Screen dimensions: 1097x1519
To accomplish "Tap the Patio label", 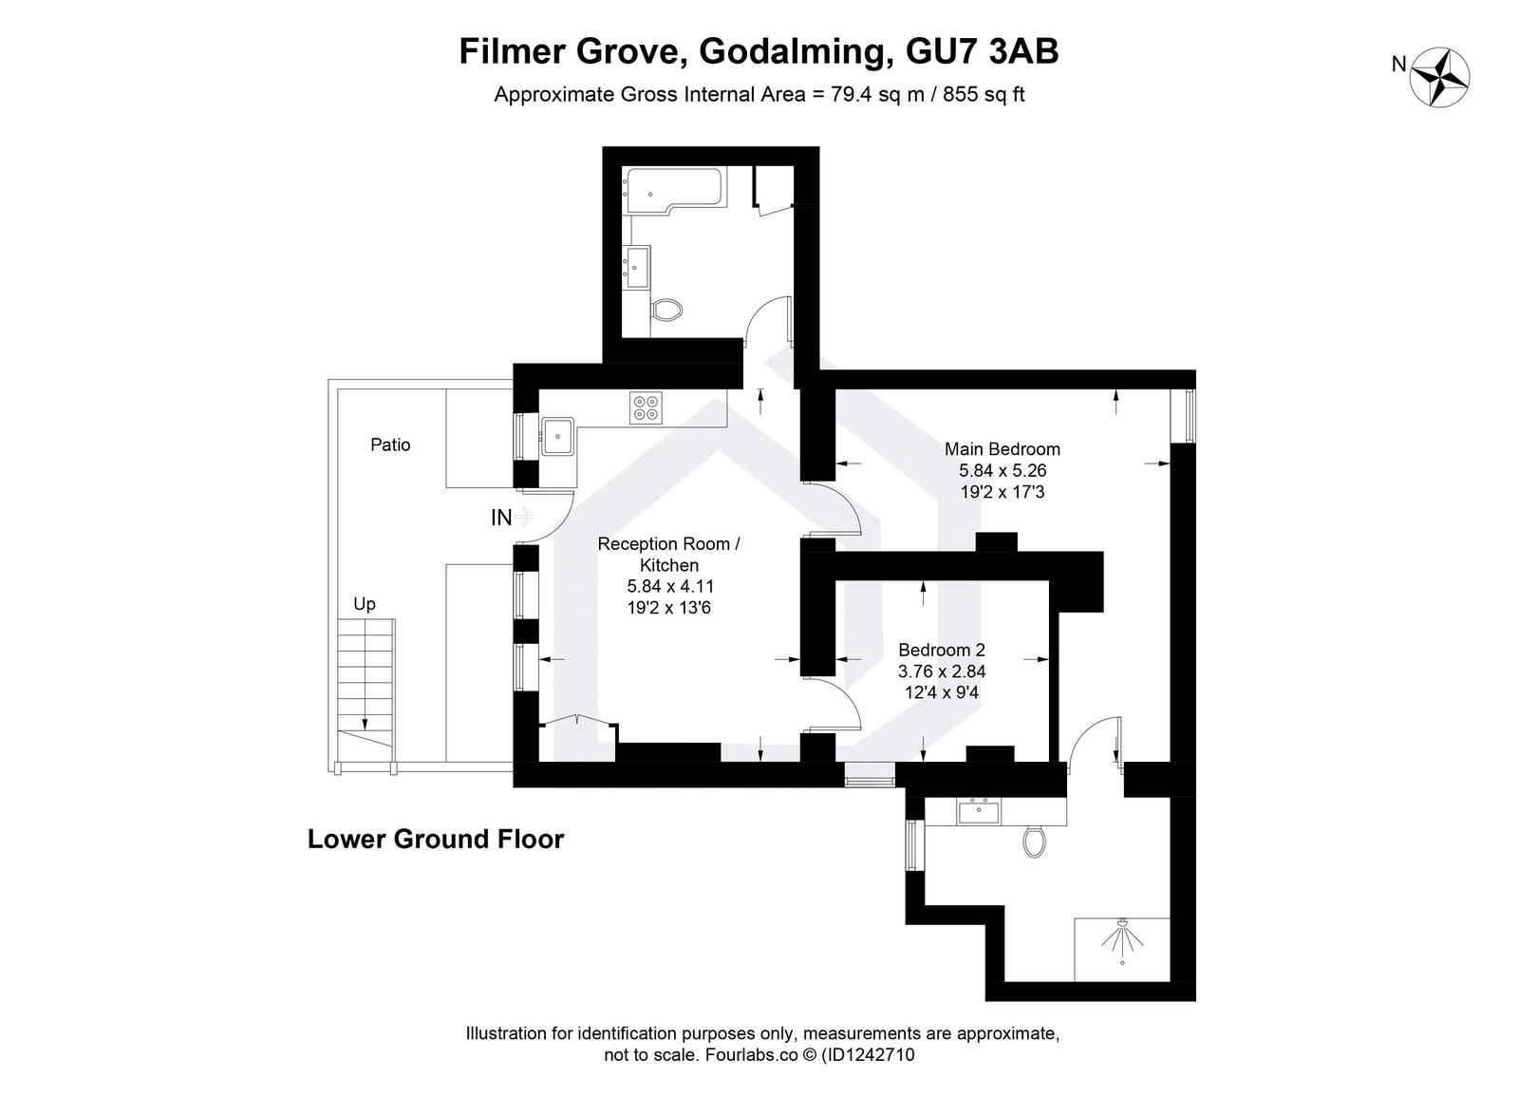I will pyautogui.click(x=390, y=444).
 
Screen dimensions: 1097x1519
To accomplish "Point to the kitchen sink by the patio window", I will pyautogui.click(x=557, y=437).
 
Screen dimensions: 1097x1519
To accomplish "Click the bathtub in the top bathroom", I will pyautogui.click(x=672, y=190).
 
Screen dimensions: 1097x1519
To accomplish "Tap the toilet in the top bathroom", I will pyautogui.click(x=667, y=310).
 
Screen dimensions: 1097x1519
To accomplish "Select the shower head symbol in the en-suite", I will pyautogui.click(x=1122, y=939).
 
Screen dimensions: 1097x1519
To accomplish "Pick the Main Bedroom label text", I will pyautogui.click(x=1002, y=449).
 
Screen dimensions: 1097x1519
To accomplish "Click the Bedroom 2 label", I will pyautogui.click(x=942, y=651).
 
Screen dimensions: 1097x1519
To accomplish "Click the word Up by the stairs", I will pyautogui.click(x=365, y=604).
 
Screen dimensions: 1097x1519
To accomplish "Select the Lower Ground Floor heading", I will pyautogui.click(x=436, y=840).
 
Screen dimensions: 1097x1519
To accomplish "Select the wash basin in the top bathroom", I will pyautogui.click(x=637, y=266).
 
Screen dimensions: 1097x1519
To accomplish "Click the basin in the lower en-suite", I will pyautogui.click(x=978, y=812).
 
